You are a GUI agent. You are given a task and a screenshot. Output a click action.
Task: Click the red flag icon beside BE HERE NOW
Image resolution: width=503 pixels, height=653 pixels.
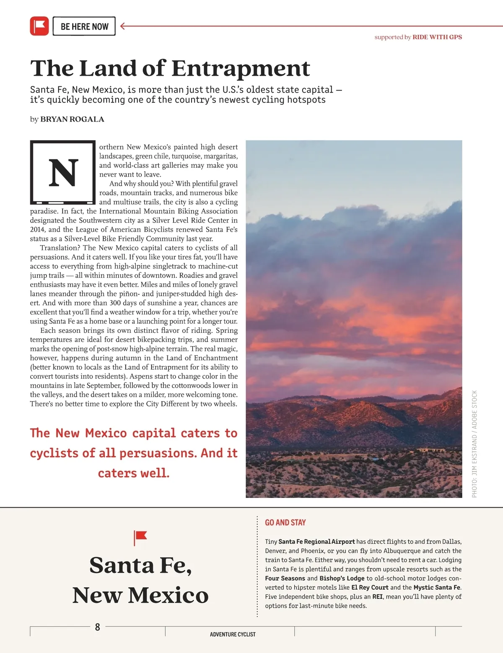pos(39,26)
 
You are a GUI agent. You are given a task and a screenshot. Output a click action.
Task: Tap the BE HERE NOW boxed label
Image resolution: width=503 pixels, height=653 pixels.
pos(84,26)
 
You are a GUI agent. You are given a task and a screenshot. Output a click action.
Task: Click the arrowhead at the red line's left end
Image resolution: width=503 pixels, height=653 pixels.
pos(123,26)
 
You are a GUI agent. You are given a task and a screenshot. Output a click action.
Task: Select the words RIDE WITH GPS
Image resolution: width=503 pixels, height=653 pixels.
pos(437,37)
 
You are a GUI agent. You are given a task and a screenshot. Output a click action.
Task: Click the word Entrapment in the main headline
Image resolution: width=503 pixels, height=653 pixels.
pos(241,68)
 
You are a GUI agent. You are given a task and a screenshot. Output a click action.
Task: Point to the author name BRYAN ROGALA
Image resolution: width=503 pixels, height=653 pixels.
pos(72,119)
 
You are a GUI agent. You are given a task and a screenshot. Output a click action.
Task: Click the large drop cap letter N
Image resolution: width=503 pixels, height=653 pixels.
pos(63,172)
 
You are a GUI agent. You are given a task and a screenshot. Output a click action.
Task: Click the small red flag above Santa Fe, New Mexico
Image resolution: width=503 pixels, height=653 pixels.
pos(140,537)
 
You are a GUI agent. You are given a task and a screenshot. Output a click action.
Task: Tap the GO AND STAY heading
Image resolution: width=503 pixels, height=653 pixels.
pos(285,523)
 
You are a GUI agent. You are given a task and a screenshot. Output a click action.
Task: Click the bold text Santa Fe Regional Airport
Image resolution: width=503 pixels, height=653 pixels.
pos(316,542)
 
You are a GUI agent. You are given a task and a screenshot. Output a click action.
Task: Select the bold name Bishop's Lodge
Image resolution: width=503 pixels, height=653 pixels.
pos(342,578)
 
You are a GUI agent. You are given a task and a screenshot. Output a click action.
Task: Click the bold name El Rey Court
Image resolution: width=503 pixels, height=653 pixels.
pos(370,588)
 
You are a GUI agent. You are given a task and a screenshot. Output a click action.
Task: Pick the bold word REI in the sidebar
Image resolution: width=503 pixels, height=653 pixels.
pos(377,597)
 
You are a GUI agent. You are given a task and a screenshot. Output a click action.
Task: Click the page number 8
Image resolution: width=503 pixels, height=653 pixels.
pos(98,627)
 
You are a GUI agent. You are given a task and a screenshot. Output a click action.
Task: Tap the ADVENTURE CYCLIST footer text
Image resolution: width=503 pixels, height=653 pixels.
pos(233,635)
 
